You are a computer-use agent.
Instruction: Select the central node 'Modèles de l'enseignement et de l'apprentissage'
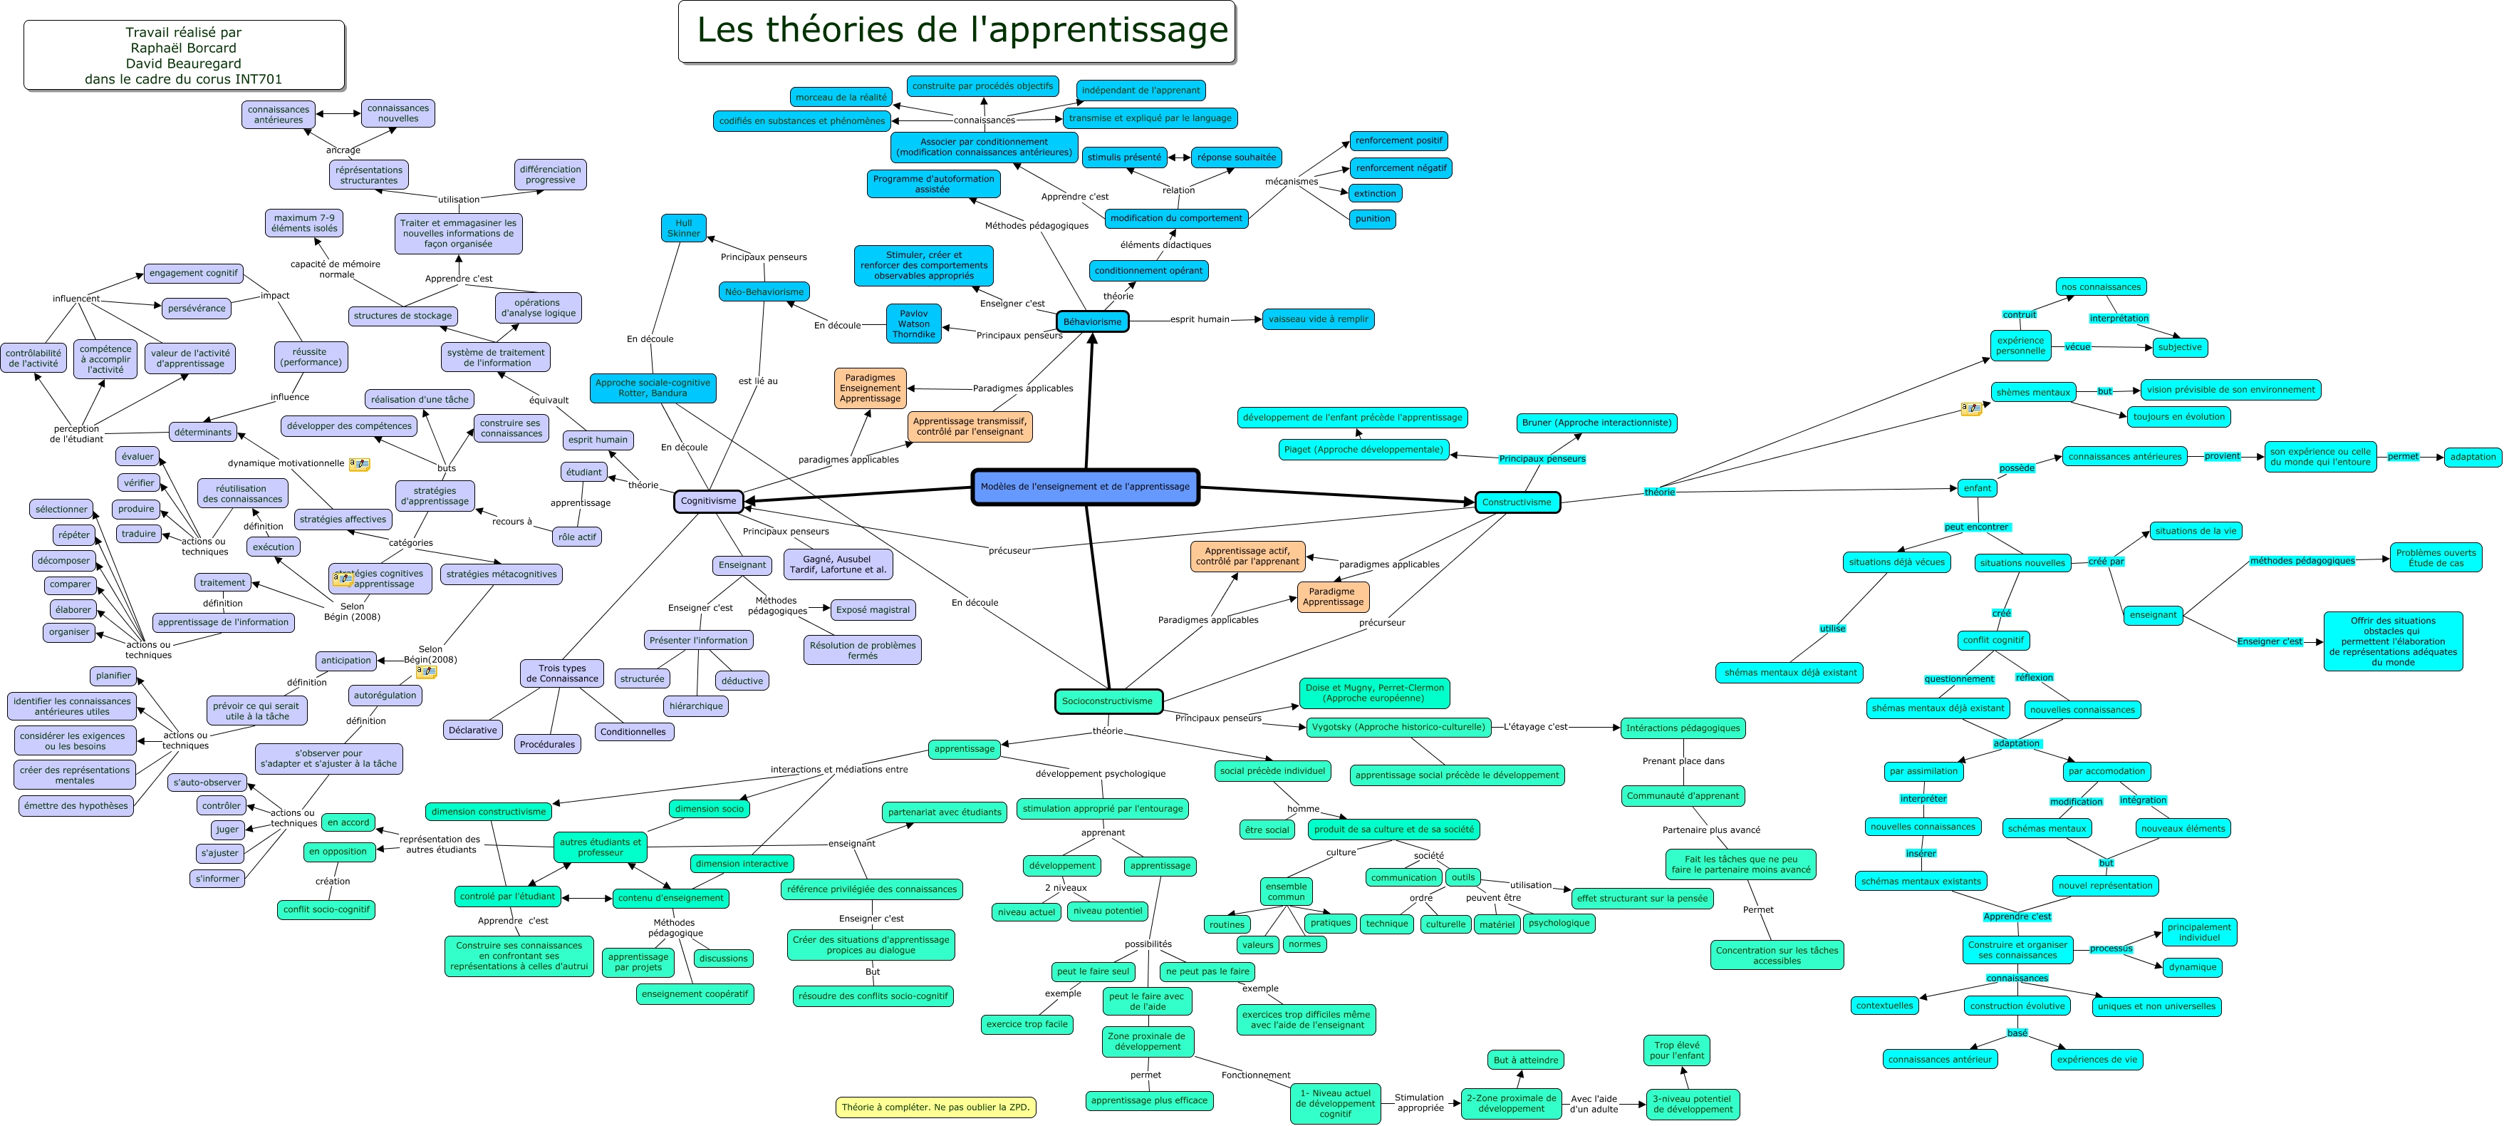click(1085, 486)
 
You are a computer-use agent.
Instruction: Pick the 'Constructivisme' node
click(1517, 502)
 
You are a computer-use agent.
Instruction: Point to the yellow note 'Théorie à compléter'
click(935, 1107)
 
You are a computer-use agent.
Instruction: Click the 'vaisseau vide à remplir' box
click(1317, 319)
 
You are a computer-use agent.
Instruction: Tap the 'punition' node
click(1373, 219)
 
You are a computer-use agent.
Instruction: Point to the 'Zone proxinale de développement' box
click(1147, 1041)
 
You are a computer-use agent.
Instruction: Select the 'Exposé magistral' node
click(873, 609)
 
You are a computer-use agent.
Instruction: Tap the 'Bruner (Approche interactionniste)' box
click(1596, 423)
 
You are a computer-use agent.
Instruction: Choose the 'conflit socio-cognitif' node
click(326, 910)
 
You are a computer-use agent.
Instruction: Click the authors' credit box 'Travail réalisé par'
click(184, 56)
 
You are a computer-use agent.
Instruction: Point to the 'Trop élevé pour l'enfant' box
click(1677, 1050)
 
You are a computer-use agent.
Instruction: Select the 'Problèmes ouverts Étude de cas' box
click(2436, 558)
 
